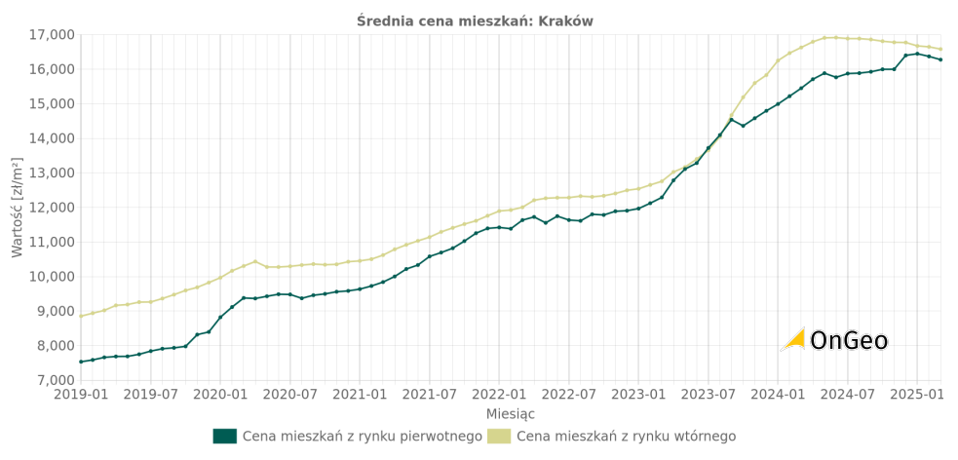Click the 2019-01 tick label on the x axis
tap(81, 395)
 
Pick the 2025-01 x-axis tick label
tap(917, 395)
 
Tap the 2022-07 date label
tap(568, 395)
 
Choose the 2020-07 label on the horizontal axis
tap(289, 395)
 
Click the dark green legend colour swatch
tap(224, 436)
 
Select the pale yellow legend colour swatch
tap(498, 436)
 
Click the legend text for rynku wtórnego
tap(626, 437)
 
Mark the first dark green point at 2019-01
tap(81, 362)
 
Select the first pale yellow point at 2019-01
tap(81, 316)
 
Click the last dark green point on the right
tap(940, 59)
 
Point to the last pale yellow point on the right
tap(940, 49)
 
